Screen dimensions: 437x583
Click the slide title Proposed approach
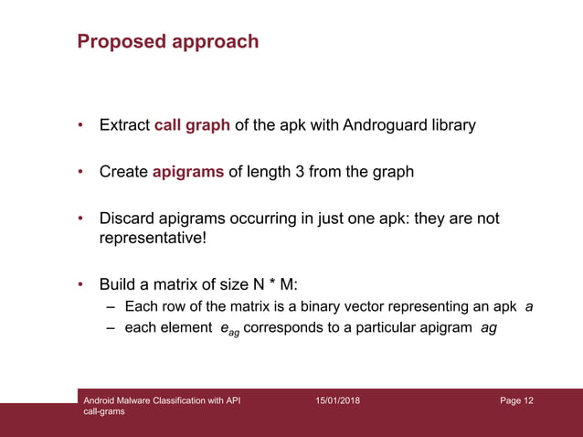click(168, 42)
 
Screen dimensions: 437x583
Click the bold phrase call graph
click(192, 125)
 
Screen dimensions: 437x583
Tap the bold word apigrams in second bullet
click(188, 172)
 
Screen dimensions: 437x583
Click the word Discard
click(126, 219)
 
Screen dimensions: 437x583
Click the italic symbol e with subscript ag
click(228, 330)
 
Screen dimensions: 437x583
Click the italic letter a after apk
click(529, 306)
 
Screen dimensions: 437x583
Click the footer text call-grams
click(104, 412)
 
